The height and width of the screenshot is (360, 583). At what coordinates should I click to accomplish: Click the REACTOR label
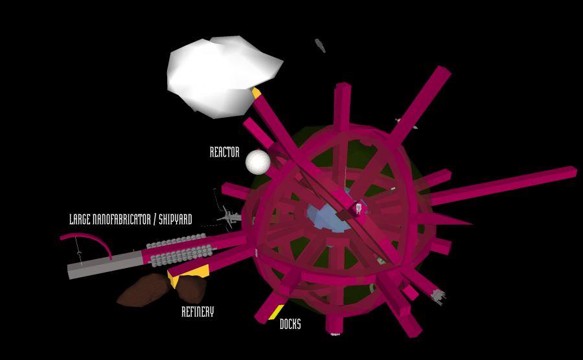(x=225, y=152)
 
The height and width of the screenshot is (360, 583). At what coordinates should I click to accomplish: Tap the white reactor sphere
(x=258, y=162)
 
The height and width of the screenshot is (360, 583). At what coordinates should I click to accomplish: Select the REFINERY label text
(x=198, y=311)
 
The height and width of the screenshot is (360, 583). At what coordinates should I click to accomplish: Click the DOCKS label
(x=290, y=324)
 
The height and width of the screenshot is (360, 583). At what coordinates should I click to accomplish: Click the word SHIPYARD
(x=176, y=219)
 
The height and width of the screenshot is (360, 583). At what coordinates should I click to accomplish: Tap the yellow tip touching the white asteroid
(x=256, y=93)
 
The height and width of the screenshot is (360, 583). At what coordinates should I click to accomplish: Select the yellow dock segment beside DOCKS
(x=276, y=312)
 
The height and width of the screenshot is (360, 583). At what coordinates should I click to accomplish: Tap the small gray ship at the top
(x=320, y=46)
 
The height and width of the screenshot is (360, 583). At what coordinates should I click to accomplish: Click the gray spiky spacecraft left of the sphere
(x=230, y=217)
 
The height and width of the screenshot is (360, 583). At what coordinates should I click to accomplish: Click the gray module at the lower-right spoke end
(x=438, y=296)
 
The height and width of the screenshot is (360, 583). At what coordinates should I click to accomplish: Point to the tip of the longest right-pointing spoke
(x=577, y=171)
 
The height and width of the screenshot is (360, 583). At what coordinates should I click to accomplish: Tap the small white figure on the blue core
(x=359, y=208)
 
